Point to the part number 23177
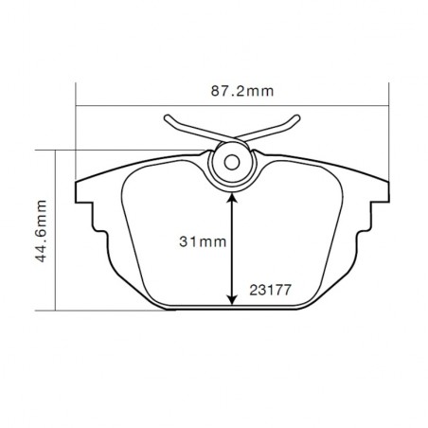(x=270, y=291)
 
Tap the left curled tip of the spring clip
(x=169, y=119)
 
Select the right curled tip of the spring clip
(x=296, y=119)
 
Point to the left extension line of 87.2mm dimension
(x=75, y=133)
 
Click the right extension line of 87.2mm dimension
(x=389, y=133)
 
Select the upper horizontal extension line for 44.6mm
(x=95, y=150)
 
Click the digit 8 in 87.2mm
(x=215, y=91)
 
